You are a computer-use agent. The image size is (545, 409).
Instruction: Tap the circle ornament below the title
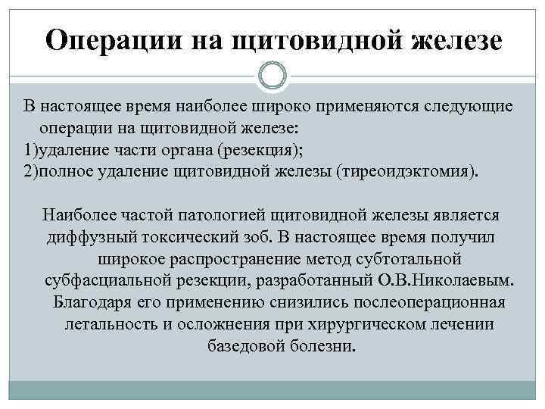pos(272,76)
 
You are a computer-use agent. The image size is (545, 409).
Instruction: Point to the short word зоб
pos(256,236)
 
